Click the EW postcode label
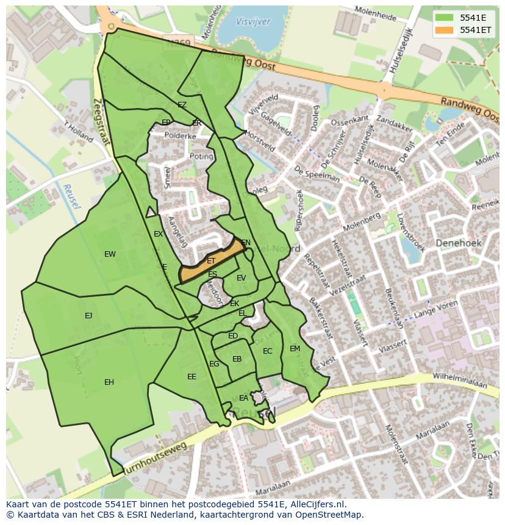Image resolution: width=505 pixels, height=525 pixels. click(110, 254)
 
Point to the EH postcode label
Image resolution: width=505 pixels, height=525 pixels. click(109, 382)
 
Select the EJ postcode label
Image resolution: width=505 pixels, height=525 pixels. click(88, 316)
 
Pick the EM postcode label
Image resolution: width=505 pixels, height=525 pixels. click(295, 349)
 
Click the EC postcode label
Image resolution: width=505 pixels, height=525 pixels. click(267, 351)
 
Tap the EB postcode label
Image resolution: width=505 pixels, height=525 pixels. click(237, 359)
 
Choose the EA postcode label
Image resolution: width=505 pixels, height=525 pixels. click(243, 398)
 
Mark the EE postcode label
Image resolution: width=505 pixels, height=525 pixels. click(192, 377)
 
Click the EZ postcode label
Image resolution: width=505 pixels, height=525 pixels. click(182, 105)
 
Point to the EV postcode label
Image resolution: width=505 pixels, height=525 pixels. click(241, 278)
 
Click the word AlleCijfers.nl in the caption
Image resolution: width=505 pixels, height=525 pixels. click(315, 505)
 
